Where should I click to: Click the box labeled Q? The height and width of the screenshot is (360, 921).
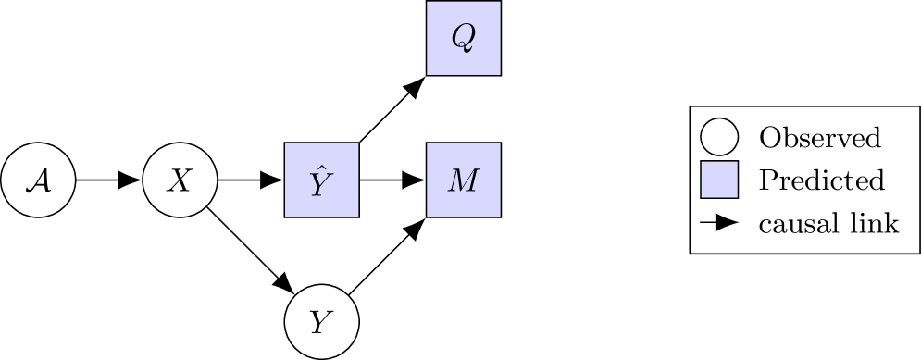tap(463, 38)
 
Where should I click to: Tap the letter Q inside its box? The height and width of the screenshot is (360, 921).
tap(462, 37)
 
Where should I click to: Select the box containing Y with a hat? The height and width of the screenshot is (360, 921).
tap(321, 180)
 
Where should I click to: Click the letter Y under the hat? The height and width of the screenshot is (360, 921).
tap(320, 185)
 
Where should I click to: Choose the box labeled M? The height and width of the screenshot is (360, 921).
tap(463, 180)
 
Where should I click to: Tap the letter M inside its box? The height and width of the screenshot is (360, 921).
tap(463, 180)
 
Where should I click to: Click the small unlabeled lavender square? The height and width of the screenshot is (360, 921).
tap(719, 180)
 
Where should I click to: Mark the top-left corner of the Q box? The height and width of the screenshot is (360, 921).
tap(428, 3)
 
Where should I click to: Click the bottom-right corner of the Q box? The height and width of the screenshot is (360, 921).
tap(499, 73)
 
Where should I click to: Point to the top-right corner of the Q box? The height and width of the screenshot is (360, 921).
tap(499, 3)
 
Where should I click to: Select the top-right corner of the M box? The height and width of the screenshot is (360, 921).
tap(499, 144)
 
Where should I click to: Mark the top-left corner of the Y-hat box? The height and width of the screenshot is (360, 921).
tap(286, 144)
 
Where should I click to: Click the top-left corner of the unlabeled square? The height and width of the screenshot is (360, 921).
tap(703, 163)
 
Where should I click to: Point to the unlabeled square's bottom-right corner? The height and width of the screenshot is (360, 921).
tap(736, 196)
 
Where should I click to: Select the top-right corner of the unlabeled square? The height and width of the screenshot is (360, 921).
tap(736, 163)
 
